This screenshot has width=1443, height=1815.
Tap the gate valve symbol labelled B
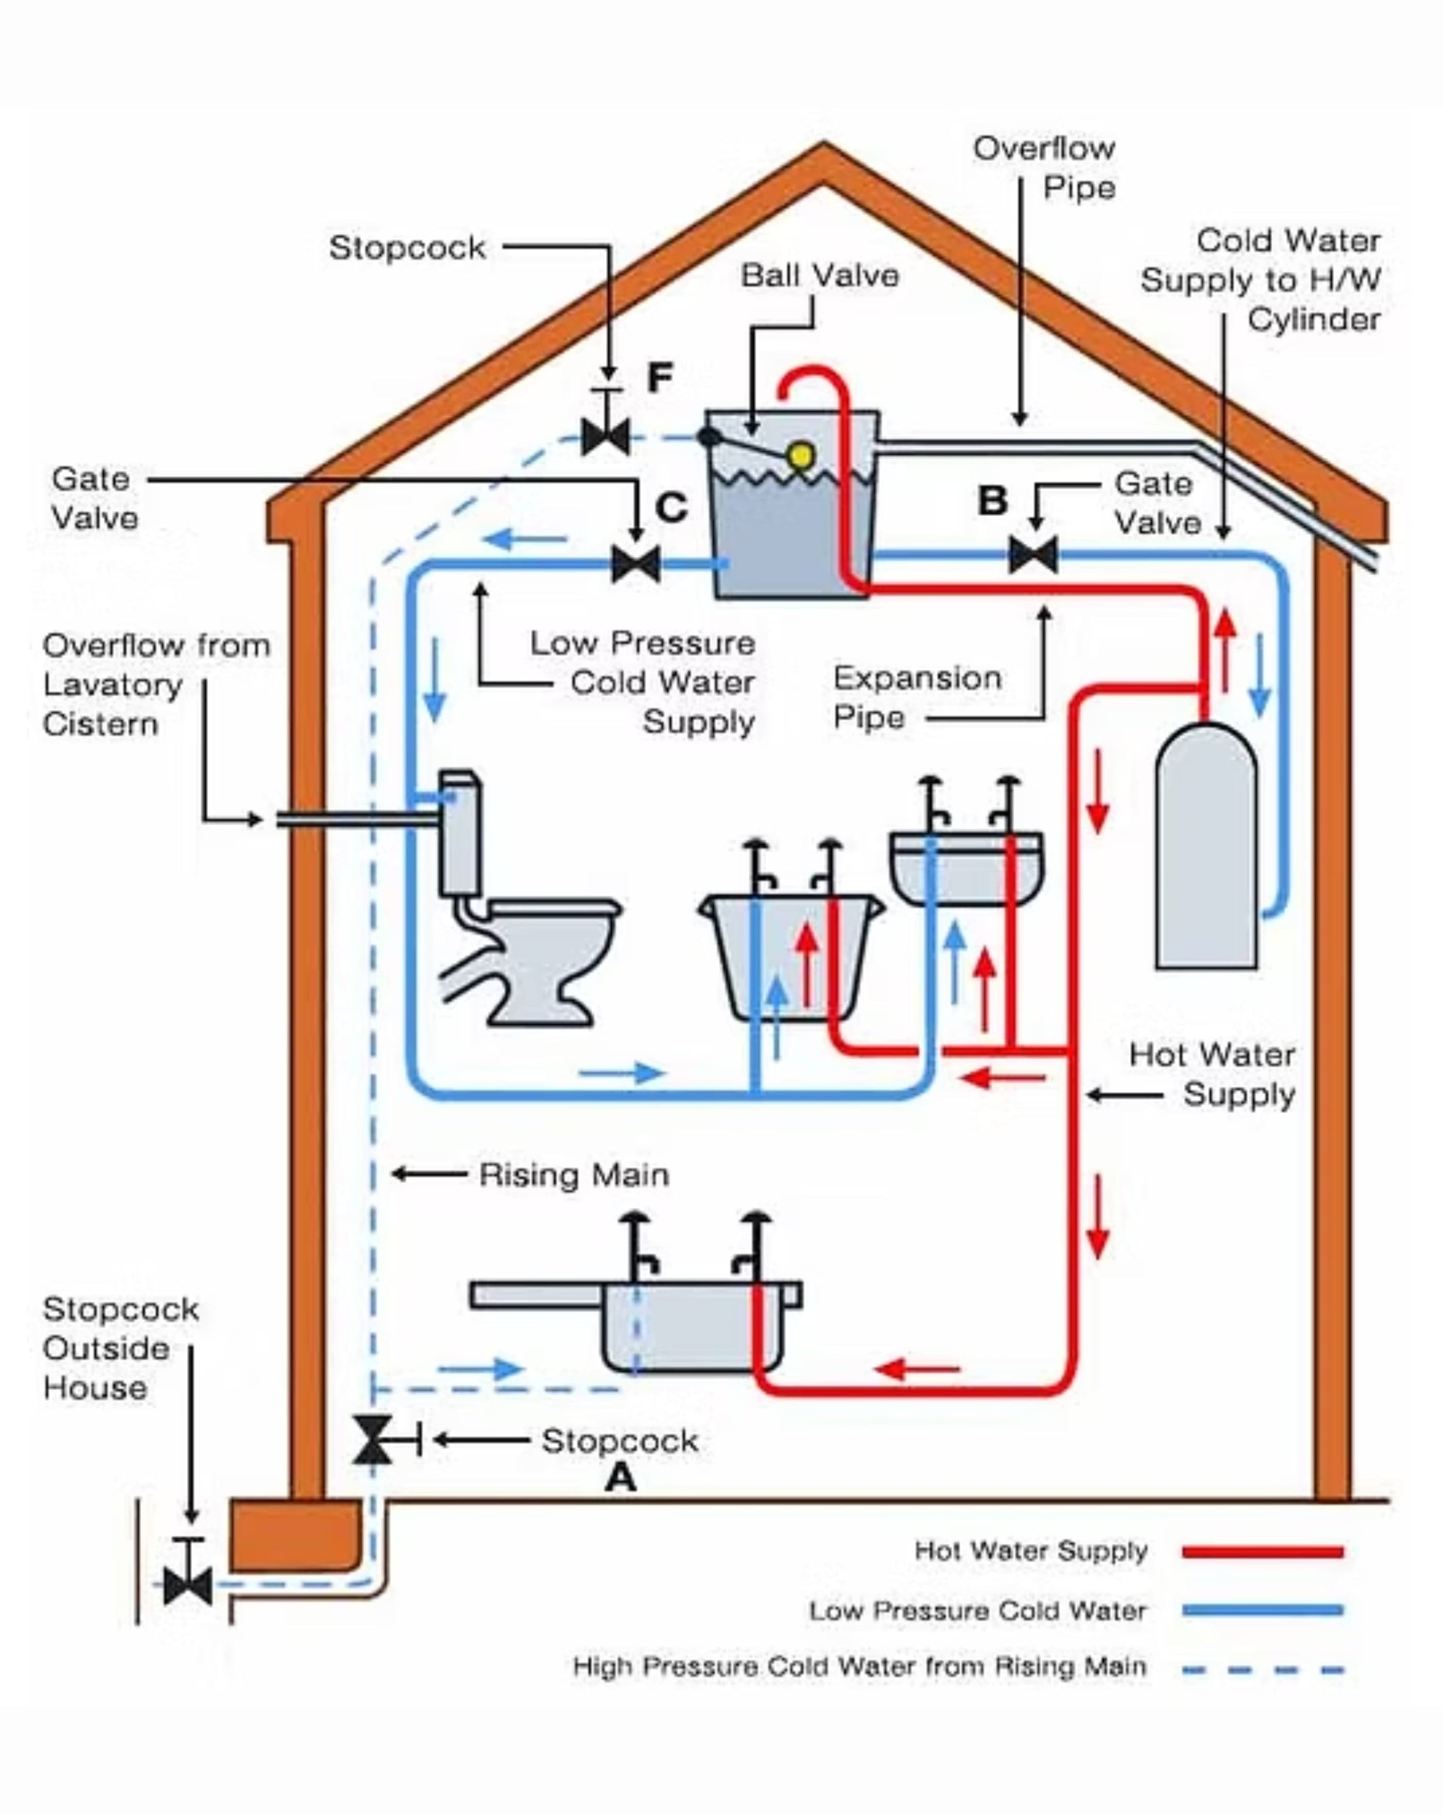tap(1033, 556)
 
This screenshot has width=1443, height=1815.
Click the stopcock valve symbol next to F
tap(606, 436)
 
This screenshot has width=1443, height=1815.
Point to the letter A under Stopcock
tap(621, 1477)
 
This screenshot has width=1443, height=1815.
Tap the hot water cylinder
tap(1207, 850)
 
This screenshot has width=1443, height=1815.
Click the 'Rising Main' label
tap(574, 1175)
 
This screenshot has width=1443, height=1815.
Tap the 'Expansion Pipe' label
tap(917, 698)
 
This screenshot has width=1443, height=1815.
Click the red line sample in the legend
tap(1262, 1552)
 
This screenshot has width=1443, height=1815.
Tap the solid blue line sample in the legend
tap(1262, 1610)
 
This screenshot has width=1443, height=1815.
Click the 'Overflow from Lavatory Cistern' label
tap(156, 684)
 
